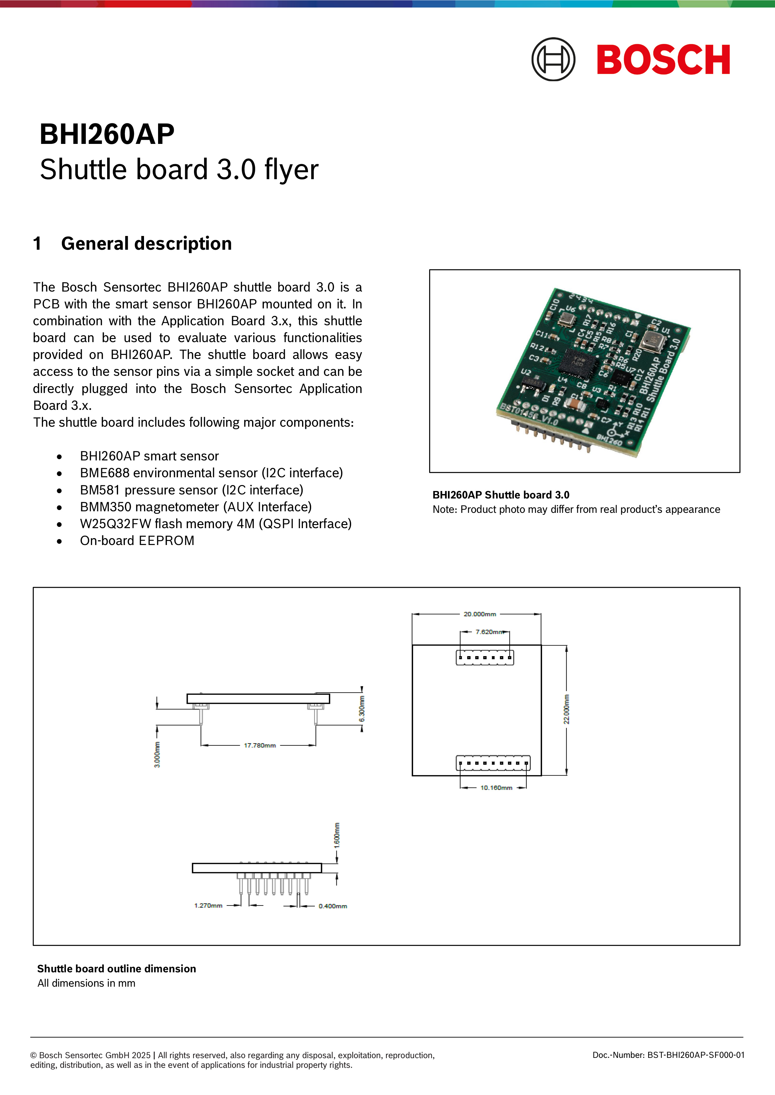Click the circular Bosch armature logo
tap(553, 60)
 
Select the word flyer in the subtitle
tap(291, 170)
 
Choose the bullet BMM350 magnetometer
tap(196, 507)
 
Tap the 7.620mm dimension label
tap(489, 631)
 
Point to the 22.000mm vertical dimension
tap(566, 709)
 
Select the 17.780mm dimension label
tap(260, 745)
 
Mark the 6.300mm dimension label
tap(362, 709)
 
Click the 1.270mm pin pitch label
tap(208, 905)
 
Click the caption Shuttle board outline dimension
tap(117, 969)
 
